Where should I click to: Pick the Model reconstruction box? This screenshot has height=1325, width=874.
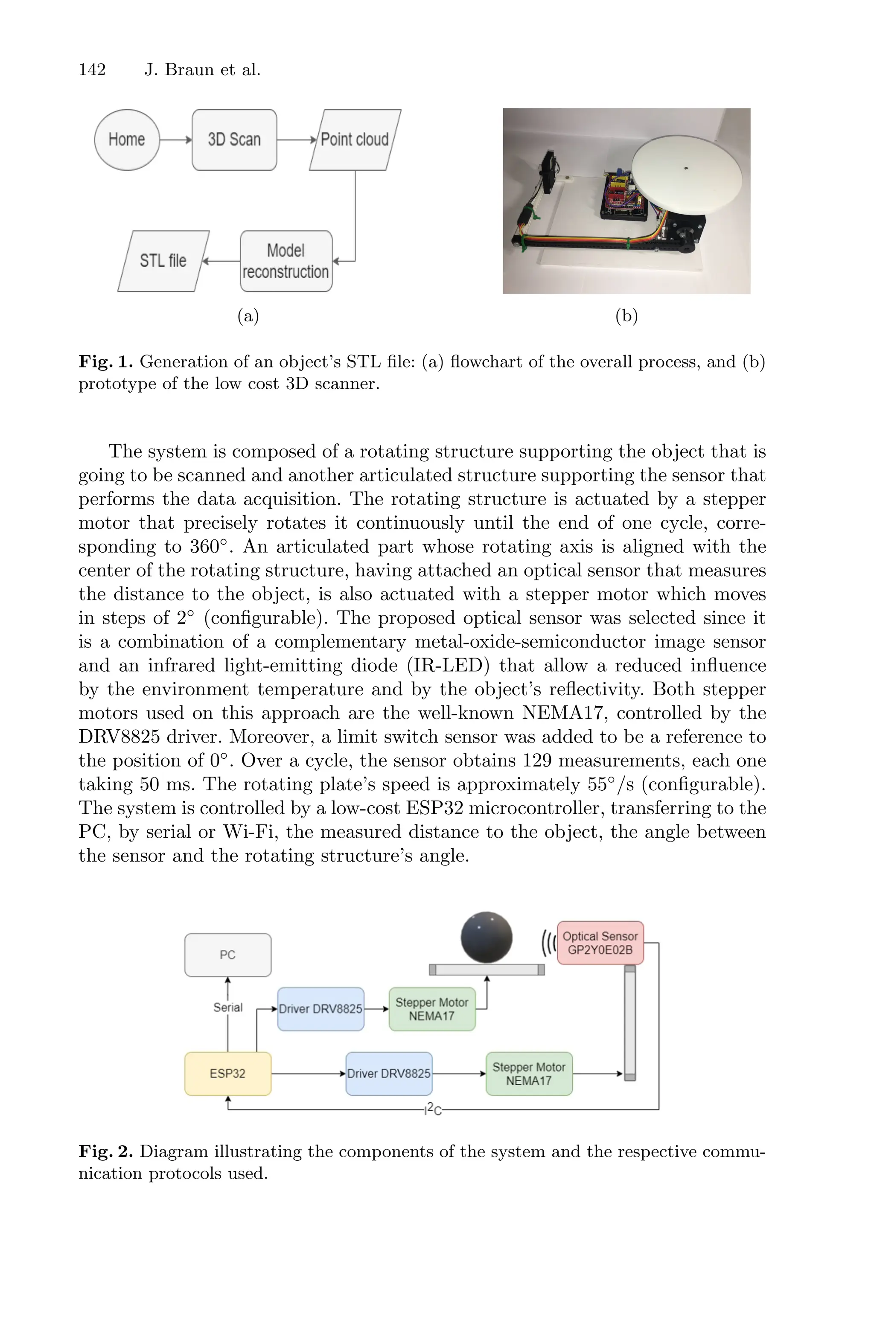click(286, 261)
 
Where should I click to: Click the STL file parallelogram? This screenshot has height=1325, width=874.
click(163, 261)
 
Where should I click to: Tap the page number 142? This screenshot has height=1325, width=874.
click(92, 70)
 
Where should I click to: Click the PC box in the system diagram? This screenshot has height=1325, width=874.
click(228, 955)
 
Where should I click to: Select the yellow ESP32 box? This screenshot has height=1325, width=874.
click(228, 1074)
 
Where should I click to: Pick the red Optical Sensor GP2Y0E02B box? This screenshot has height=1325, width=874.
click(600, 943)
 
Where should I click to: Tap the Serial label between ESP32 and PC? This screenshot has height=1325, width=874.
click(228, 1008)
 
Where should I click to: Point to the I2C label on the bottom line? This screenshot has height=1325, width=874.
click(433, 1110)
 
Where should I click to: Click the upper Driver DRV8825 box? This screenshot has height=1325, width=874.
click(320, 1009)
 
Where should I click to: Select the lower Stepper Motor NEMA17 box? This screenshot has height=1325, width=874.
click(529, 1074)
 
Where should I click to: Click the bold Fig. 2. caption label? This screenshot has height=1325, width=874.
click(105, 1152)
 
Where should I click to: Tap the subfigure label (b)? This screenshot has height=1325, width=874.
click(626, 316)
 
